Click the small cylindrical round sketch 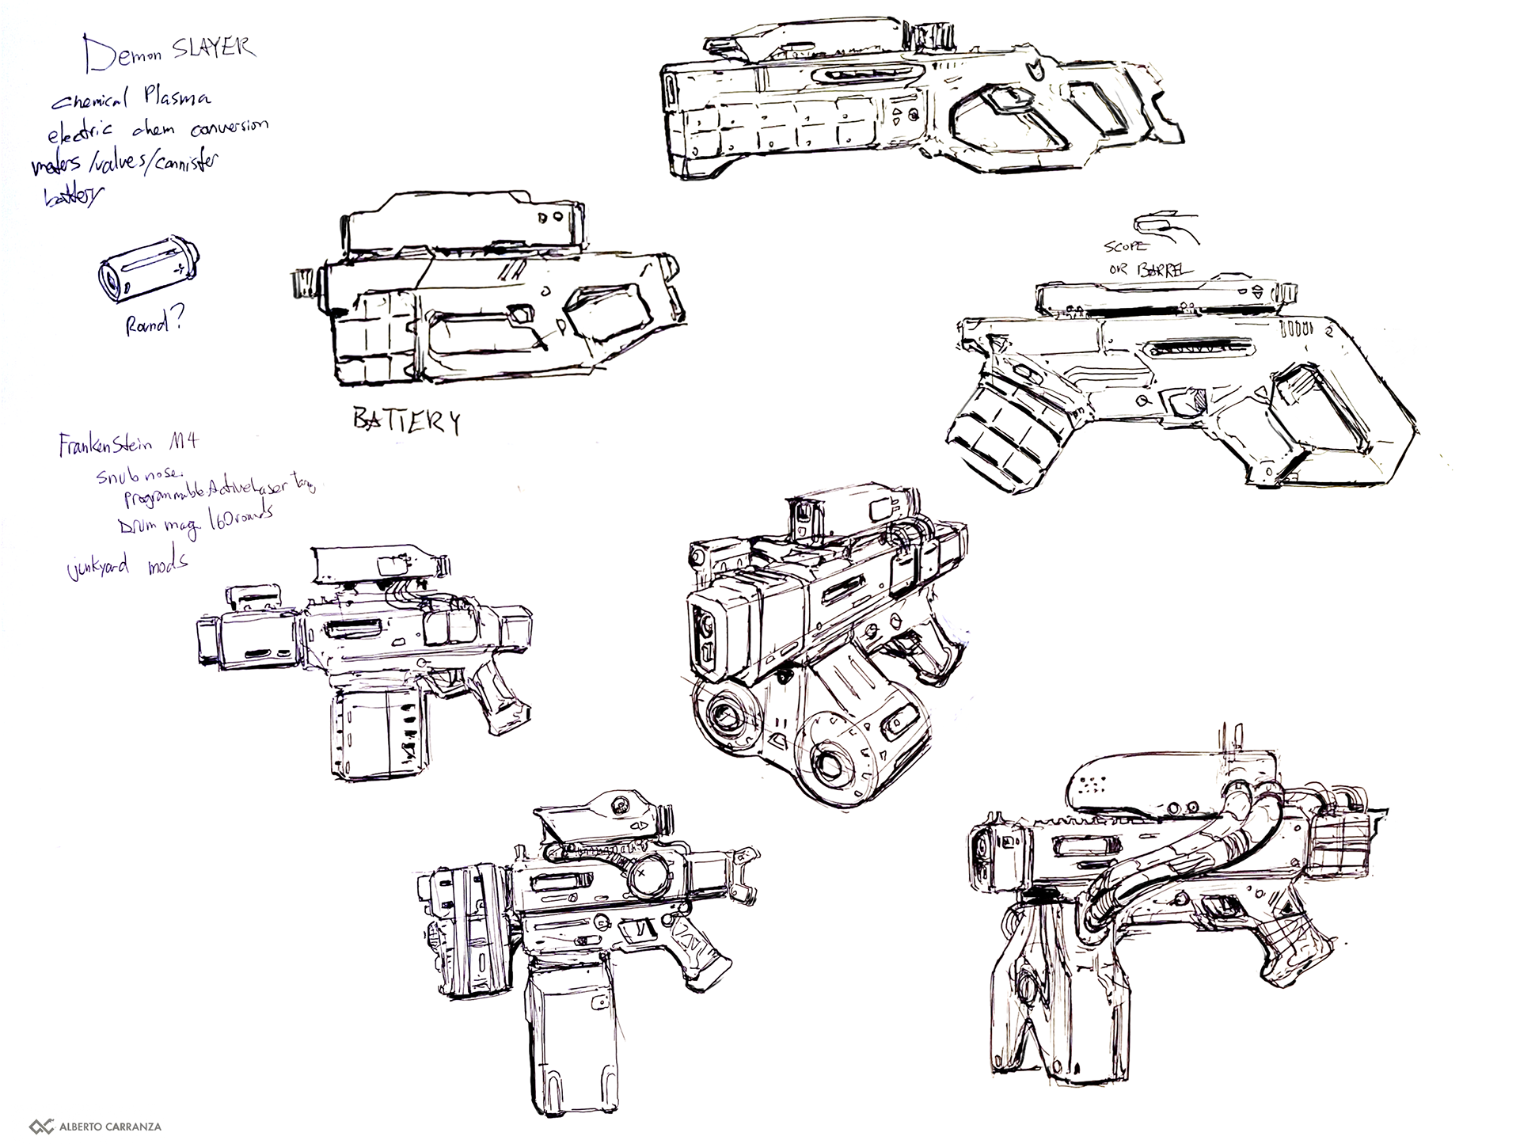(x=148, y=270)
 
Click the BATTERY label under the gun (x=406, y=421)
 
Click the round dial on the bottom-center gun (x=646, y=875)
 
